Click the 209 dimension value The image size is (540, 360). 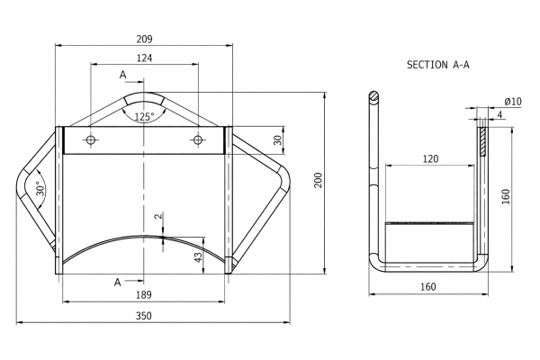pos(144,39)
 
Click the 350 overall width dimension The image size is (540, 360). pos(144,315)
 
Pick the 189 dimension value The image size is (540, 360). pos(144,294)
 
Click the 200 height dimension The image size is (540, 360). pos(318,181)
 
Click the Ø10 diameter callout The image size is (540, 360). pos(512,101)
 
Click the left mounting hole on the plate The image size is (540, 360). pos(91,139)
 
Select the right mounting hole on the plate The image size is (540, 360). pos(197,139)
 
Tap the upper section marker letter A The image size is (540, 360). pos(122,75)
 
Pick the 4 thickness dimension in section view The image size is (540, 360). pos(498,114)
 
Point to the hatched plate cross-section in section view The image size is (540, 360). pos(483,139)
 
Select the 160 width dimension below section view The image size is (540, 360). pos(427,287)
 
